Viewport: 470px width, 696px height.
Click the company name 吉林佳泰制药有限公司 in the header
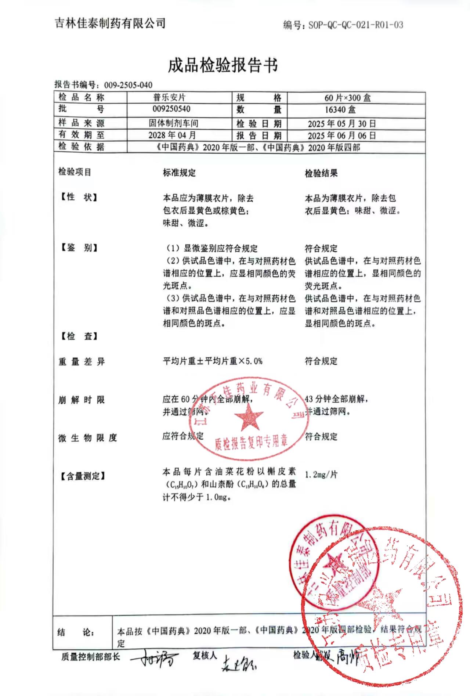tap(110, 24)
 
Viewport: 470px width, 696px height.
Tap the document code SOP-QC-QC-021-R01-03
tap(355, 25)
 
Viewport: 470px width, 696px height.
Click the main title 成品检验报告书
tap(223, 65)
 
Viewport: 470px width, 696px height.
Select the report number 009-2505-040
tap(128, 85)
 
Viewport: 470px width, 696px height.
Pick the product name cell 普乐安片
tap(169, 97)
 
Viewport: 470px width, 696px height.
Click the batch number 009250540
tap(171, 109)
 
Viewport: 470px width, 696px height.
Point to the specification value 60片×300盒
tap(347, 98)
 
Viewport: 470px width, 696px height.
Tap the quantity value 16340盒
tap(340, 109)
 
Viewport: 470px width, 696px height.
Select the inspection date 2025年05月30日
tap(341, 124)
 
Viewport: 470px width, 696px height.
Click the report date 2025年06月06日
tap(341, 136)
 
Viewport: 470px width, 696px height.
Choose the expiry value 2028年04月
tap(172, 135)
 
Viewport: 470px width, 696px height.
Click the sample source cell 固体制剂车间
tap(173, 123)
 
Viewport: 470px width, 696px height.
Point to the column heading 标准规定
tap(179, 173)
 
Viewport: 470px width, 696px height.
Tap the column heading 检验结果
tap(321, 173)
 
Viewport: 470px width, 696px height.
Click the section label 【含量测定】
tap(82, 476)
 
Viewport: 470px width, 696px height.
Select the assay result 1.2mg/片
tap(321, 475)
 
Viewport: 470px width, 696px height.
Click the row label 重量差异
tap(82, 362)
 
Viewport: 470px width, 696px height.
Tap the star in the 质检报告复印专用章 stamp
tap(249, 417)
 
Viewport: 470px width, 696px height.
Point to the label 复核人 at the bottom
tap(205, 655)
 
